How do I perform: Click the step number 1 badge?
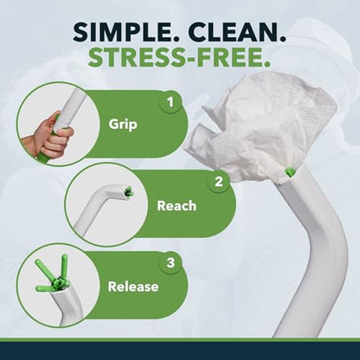[170, 102]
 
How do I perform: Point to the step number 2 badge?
[219, 182]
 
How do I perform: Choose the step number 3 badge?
[170, 263]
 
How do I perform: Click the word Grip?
[123, 125]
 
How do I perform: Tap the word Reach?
[177, 206]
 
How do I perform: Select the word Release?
[133, 286]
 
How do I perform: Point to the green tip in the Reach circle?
[128, 192]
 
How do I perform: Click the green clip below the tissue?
[289, 172]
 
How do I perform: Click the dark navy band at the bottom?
[180, 350]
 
